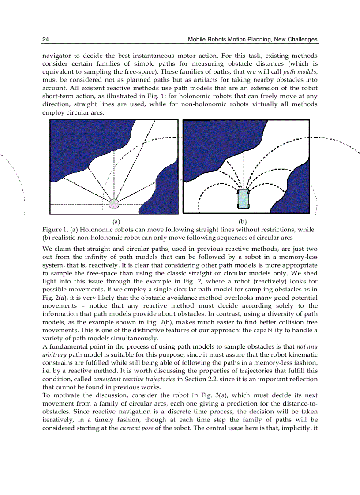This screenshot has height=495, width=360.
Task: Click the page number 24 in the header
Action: (x=45, y=40)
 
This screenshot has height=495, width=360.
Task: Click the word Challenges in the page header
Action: (x=301, y=40)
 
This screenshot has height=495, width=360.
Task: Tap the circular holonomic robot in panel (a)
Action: (x=114, y=204)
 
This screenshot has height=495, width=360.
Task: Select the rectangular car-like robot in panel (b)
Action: (x=243, y=199)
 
